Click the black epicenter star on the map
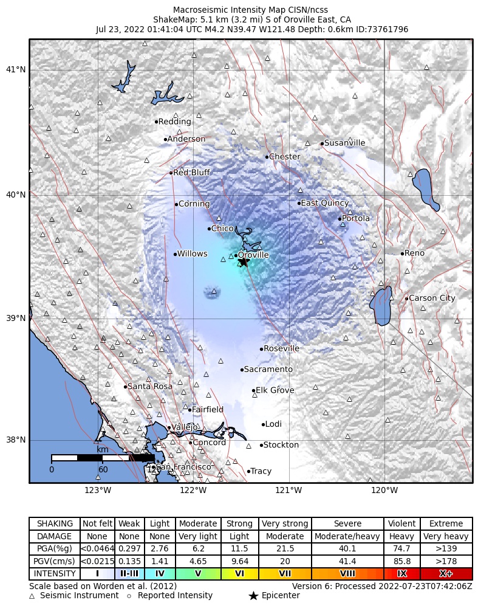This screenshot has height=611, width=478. [244, 262]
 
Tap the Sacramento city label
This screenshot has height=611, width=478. [268, 369]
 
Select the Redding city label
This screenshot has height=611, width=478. [174, 122]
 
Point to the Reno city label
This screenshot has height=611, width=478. [414, 253]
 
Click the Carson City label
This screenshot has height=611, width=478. [432, 298]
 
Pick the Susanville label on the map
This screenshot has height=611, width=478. [344, 143]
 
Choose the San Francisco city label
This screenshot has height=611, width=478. [183, 467]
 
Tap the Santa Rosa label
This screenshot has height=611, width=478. [149, 386]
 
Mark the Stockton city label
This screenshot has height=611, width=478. [281, 445]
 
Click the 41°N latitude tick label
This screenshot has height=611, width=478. [15, 70]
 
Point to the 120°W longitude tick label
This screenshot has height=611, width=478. [384, 490]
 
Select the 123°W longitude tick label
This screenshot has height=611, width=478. [98, 490]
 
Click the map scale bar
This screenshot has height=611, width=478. [103, 458]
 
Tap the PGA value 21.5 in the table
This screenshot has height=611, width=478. [285, 548]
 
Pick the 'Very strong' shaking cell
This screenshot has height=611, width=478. [285, 523]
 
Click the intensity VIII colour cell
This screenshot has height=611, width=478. [347, 573]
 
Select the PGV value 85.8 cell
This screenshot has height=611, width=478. [402, 561]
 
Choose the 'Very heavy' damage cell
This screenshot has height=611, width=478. [446, 536]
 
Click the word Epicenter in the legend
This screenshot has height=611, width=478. [281, 595]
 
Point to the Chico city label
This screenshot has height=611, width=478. [222, 229]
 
